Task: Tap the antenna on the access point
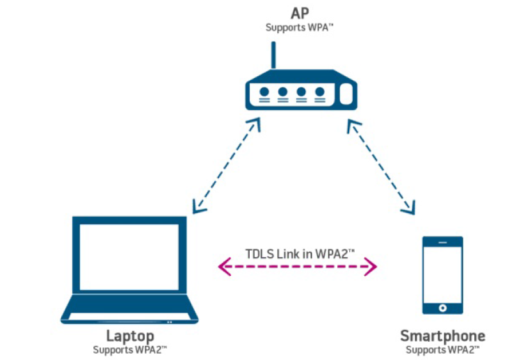click(x=274, y=60)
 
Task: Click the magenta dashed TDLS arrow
click(x=298, y=267)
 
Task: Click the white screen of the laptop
click(x=129, y=256)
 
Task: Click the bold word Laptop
click(x=129, y=335)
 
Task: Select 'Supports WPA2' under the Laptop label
click(x=130, y=349)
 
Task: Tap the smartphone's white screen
click(x=442, y=272)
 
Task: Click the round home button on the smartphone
click(x=442, y=307)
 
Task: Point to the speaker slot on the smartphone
click(x=442, y=242)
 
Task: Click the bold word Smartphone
click(x=442, y=336)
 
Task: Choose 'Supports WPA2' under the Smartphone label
click(x=442, y=349)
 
